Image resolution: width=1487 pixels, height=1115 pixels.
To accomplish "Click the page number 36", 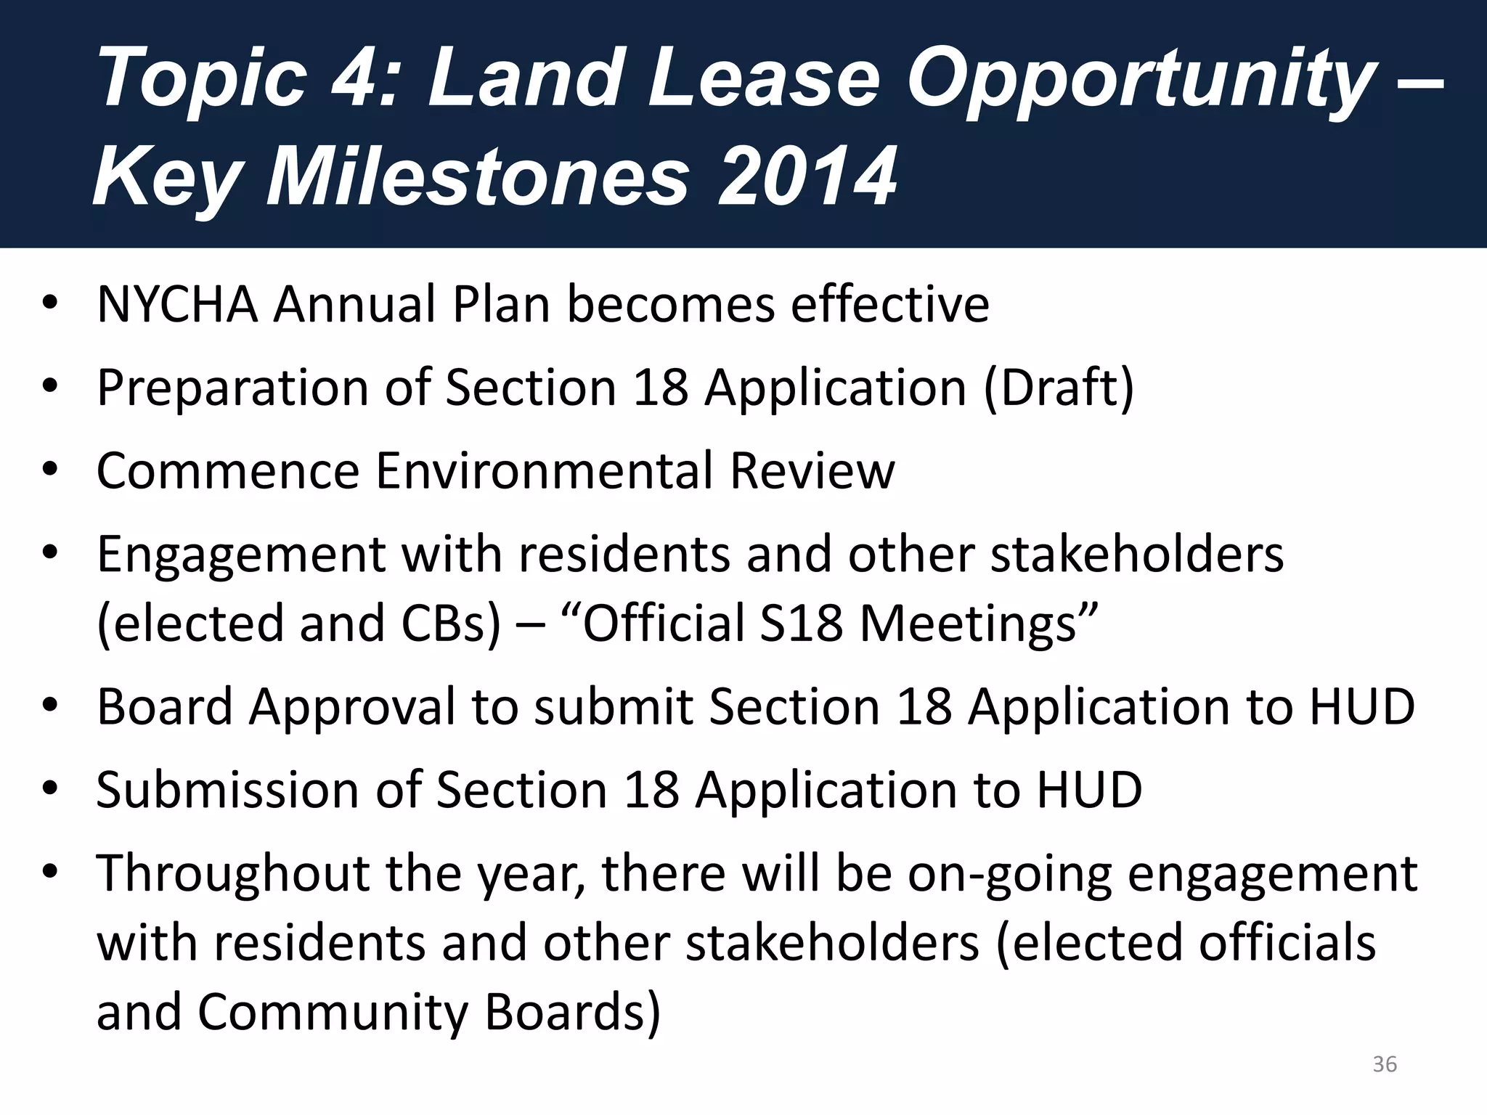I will [1385, 1064].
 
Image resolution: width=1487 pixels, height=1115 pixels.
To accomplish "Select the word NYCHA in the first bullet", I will [177, 304].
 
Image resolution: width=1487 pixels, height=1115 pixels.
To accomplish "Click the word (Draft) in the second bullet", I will [1059, 388].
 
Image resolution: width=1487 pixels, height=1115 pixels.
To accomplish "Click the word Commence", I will [228, 471].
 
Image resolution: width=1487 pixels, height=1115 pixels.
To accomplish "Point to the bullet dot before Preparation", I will [49, 388].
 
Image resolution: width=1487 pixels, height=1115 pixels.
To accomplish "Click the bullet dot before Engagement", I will [49, 555].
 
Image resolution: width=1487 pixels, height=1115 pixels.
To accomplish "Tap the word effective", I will [889, 304].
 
